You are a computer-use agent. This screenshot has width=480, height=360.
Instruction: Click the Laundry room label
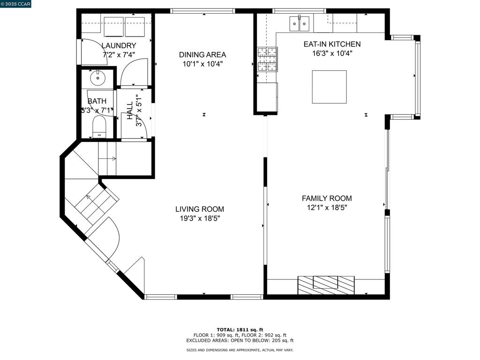click(x=119, y=45)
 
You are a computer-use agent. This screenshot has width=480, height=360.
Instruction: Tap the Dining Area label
click(x=202, y=55)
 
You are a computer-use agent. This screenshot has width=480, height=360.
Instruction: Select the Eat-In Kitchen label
click(x=332, y=44)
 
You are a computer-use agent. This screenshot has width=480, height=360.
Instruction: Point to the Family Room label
click(x=327, y=198)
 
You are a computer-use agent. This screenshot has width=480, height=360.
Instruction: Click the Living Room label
click(x=200, y=209)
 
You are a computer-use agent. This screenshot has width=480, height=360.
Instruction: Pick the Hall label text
click(x=130, y=111)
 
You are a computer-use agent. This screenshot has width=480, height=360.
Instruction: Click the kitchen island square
click(x=330, y=87)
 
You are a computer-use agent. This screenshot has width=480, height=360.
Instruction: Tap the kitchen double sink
click(x=300, y=23)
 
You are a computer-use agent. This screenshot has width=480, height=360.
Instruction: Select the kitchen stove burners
click(x=267, y=59)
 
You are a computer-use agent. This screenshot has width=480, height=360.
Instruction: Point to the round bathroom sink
click(x=97, y=78)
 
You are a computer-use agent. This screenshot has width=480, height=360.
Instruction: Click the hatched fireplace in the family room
click(x=326, y=285)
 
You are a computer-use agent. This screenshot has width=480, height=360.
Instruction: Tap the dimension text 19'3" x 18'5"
click(x=200, y=218)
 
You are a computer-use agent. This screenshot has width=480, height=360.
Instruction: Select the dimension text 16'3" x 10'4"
click(x=332, y=53)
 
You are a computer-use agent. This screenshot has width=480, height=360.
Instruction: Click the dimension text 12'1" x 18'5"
click(x=327, y=208)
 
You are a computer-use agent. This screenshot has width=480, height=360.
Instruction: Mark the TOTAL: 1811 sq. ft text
click(x=240, y=330)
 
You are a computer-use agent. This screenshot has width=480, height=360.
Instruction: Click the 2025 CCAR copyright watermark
click(x=15, y=4)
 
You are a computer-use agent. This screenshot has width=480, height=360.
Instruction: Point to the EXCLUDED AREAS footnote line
click(x=240, y=340)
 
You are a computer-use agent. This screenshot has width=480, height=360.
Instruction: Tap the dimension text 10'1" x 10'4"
click(x=202, y=64)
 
